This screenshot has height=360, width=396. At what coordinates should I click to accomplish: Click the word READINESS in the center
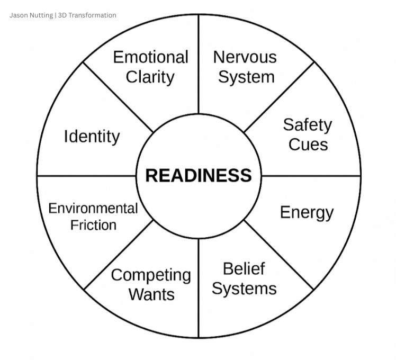click(199, 175)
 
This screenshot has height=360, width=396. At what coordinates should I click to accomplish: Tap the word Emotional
click(151, 57)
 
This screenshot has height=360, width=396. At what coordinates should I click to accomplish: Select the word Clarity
click(150, 77)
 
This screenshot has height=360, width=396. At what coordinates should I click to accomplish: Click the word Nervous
click(245, 57)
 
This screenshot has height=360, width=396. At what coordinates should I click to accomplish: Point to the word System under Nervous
click(246, 77)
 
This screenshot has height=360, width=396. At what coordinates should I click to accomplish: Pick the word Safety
click(307, 125)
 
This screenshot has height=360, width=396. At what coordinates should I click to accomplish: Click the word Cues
click(308, 145)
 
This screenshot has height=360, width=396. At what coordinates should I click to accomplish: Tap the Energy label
click(307, 212)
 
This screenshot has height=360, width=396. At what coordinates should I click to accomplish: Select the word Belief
click(244, 268)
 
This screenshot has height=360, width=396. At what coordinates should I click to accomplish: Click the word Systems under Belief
click(244, 289)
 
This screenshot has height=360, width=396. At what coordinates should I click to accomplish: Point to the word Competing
click(151, 275)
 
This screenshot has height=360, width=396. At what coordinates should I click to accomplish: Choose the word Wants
click(151, 294)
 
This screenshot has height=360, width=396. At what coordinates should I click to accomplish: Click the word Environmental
click(93, 208)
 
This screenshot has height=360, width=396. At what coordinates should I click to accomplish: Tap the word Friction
click(93, 225)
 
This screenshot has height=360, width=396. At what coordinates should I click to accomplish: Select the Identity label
click(92, 137)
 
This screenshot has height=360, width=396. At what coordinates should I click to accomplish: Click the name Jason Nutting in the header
click(31, 15)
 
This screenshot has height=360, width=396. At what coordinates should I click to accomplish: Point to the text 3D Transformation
click(87, 15)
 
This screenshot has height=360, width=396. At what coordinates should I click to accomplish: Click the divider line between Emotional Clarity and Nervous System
click(199, 64)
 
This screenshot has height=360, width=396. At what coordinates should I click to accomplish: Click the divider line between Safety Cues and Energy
click(312, 175)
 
